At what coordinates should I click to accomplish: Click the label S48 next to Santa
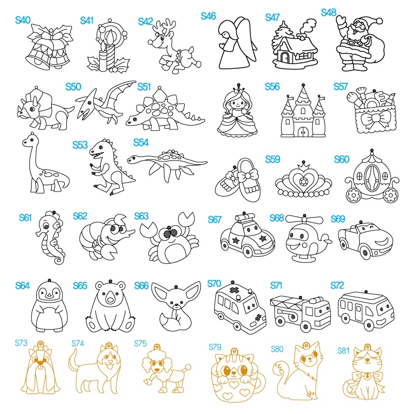pyautogui.click(x=329, y=12)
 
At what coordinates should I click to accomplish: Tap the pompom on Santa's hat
pyautogui.click(x=379, y=21)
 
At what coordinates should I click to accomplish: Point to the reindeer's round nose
pyautogui.click(x=150, y=42)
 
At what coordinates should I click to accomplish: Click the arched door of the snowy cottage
pyautogui.click(x=285, y=57)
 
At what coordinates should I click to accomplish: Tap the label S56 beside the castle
pyautogui.click(x=272, y=86)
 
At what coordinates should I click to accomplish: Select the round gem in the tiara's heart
pyautogui.click(x=304, y=182)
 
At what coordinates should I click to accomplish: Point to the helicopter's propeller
pyautogui.click(x=304, y=220)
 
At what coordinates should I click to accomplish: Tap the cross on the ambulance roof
pyautogui.click(x=233, y=290)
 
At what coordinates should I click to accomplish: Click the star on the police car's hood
pyautogui.click(x=263, y=239)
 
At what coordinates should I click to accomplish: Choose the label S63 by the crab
pyautogui.click(x=141, y=216)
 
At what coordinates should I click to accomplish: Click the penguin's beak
pyautogui.click(x=49, y=295)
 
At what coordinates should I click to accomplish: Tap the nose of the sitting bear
pyautogui.click(x=110, y=300)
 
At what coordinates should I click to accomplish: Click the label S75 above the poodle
pyautogui.click(x=140, y=343)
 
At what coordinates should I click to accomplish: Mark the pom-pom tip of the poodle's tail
pyautogui.click(x=188, y=367)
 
